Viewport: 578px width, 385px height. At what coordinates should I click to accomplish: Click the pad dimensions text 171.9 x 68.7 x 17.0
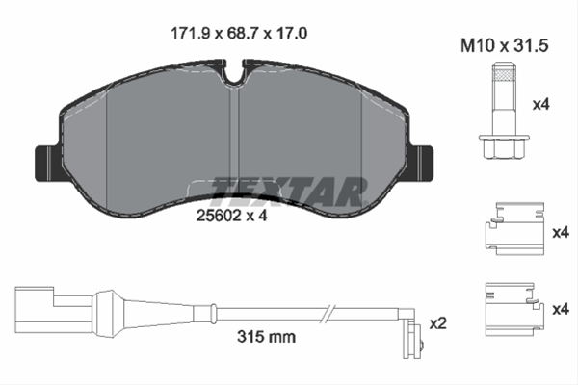tap(240, 33)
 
